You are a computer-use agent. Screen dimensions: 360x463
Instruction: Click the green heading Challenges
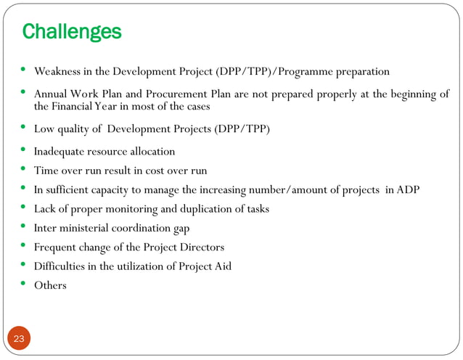click(71, 32)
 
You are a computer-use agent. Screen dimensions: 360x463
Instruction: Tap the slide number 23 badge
click(19, 338)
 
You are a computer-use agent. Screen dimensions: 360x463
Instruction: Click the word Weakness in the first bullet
click(58, 72)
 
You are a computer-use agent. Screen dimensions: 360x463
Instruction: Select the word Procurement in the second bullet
click(181, 94)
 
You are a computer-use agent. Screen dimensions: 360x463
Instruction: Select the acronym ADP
click(408, 189)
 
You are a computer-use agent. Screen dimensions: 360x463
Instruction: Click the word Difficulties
click(61, 266)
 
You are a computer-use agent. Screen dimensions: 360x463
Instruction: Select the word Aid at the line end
click(222, 266)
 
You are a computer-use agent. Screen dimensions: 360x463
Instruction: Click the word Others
click(50, 286)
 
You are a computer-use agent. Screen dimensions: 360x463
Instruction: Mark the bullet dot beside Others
click(23, 285)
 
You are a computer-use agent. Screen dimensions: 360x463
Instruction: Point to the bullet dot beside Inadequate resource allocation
click(23, 150)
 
